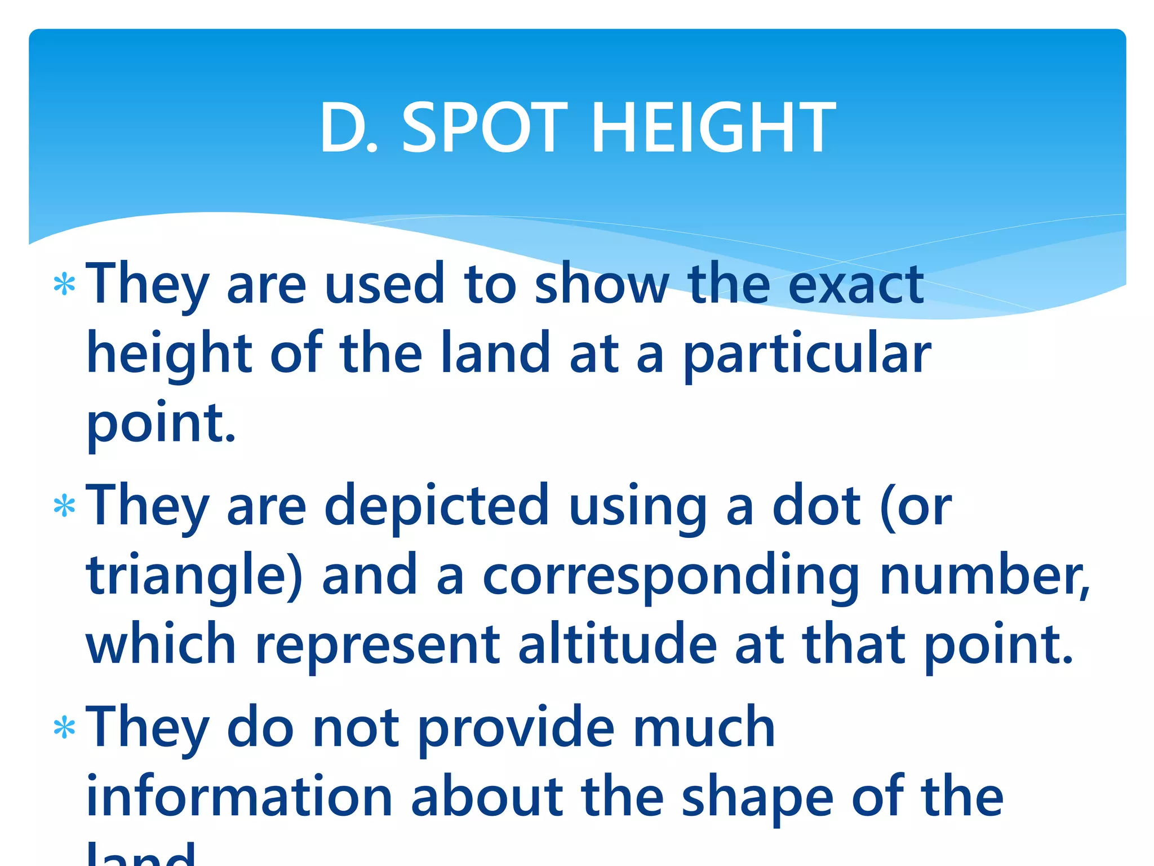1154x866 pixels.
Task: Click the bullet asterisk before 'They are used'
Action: (x=64, y=285)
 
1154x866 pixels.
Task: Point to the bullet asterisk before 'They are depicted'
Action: (x=64, y=506)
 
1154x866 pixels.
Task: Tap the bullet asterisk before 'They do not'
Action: (x=64, y=728)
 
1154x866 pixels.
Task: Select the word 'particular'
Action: (x=806, y=354)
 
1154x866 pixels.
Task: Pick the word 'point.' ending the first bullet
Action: (x=161, y=423)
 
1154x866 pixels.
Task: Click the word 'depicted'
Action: (x=436, y=506)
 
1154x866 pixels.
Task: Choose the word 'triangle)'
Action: (x=194, y=576)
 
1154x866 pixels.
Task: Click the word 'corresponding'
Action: (x=671, y=576)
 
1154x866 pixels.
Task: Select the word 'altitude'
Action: (x=617, y=644)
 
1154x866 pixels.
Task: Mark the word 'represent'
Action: (x=377, y=644)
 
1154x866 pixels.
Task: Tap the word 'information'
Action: (x=239, y=797)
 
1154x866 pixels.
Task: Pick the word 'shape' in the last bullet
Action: (x=757, y=797)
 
